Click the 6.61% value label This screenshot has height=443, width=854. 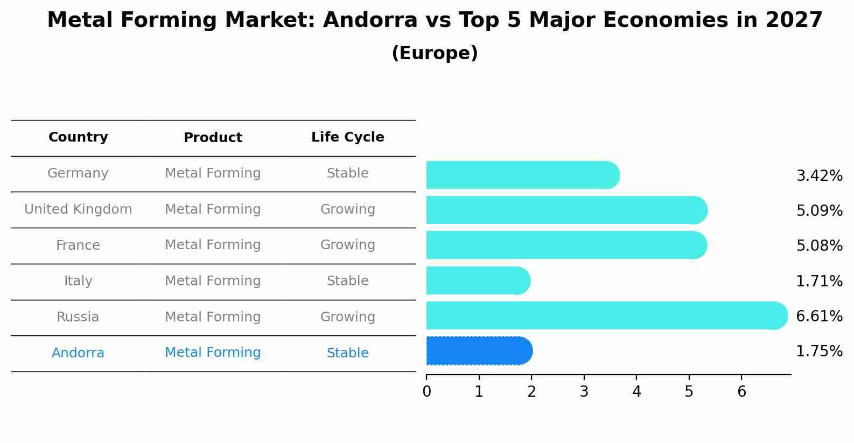(819, 316)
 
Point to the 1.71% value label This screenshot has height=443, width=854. (819, 281)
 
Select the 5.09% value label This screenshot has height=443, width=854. (819, 210)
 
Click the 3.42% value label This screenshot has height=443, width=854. (819, 175)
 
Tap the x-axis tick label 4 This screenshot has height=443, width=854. (636, 392)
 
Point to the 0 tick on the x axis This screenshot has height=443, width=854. (426, 392)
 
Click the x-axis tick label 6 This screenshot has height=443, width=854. (741, 392)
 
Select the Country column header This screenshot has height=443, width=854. (78, 137)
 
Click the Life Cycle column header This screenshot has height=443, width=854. (347, 137)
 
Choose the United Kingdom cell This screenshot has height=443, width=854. (78, 209)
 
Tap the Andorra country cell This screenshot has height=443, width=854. (78, 353)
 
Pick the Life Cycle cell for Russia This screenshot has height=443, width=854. (347, 317)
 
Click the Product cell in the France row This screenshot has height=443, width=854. (213, 245)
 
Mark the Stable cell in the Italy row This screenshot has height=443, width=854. (347, 281)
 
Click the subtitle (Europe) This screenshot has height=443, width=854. (435, 53)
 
